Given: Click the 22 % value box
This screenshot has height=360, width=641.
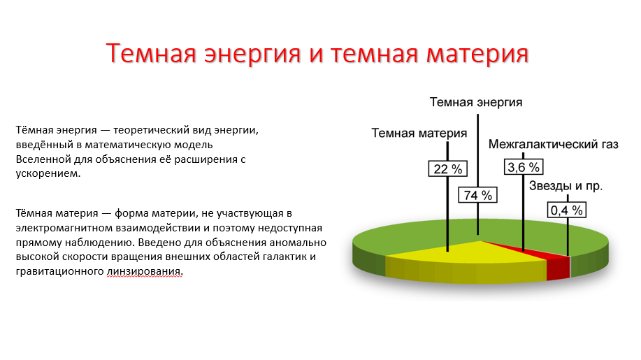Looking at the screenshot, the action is tap(447, 168).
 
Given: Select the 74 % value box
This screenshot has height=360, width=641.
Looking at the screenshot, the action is tap(477, 195).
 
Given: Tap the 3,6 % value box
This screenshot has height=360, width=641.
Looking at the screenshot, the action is tap(524, 167).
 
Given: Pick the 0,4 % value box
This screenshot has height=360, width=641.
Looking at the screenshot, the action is tap(567, 210).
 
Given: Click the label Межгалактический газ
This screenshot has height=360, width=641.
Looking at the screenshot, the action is tap(553, 144).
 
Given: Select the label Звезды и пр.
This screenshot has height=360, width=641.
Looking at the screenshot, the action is tap(566, 186).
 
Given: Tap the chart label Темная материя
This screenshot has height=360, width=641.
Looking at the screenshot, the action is tap(419, 134).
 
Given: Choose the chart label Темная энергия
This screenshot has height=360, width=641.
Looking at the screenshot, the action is tap(476, 102).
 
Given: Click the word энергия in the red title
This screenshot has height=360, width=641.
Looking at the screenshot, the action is tap(252, 55).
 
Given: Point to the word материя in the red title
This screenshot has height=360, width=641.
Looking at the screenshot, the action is tap(477, 55).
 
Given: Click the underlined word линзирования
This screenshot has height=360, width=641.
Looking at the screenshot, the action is tap(144, 271).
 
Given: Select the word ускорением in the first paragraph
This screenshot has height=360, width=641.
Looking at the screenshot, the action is tap(48, 173).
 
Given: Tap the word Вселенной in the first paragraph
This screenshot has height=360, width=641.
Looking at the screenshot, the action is tap(43, 159).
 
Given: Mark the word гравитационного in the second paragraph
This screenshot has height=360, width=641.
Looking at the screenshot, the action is tap(59, 271).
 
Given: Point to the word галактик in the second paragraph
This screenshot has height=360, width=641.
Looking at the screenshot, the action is tap(284, 257).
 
